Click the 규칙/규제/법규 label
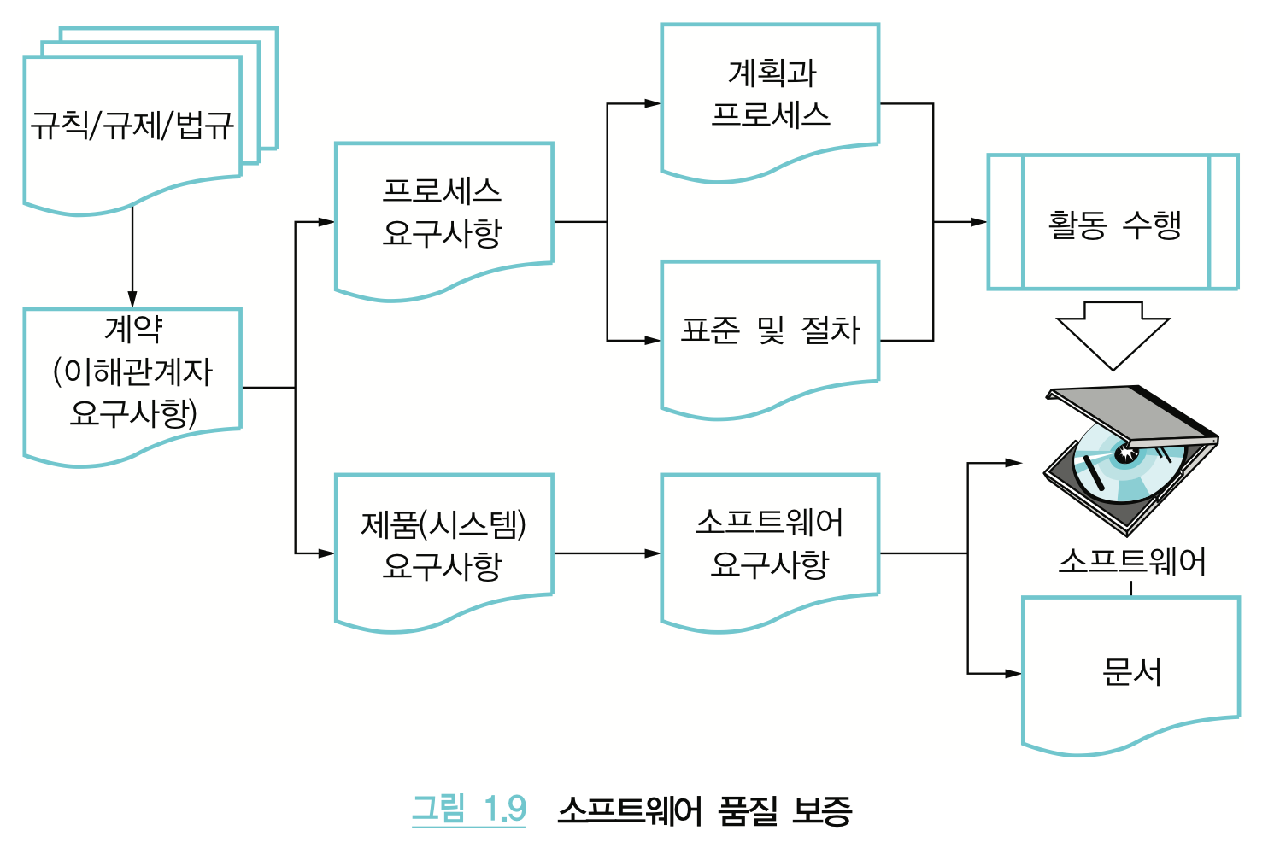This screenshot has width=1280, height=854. (x=132, y=126)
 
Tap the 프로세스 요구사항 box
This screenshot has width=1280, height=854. (x=443, y=213)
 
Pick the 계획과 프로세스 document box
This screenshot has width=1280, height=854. (x=770, y=94)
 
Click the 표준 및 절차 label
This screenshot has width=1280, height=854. (x=770, y=330)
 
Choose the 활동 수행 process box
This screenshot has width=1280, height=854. (x=1113, y=224)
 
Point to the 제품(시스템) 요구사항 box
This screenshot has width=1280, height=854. (x=443, y=545)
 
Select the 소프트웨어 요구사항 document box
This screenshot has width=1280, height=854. (x=770, y=545)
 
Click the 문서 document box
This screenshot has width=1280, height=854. (x=1131, y=670)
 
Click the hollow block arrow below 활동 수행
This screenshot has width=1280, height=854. (x=1113, y=334)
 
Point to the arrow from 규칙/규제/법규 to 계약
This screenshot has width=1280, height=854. (x=132, y=256)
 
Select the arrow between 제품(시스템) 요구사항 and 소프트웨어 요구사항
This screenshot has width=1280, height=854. (x=607, y=553)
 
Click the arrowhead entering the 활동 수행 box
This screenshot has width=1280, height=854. (x=978, y=222)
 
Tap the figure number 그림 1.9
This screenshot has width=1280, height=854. (x=469, y=809)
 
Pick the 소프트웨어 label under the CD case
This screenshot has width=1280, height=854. (x=1131, y=562)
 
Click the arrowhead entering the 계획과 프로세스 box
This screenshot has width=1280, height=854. (x=653, y=104)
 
